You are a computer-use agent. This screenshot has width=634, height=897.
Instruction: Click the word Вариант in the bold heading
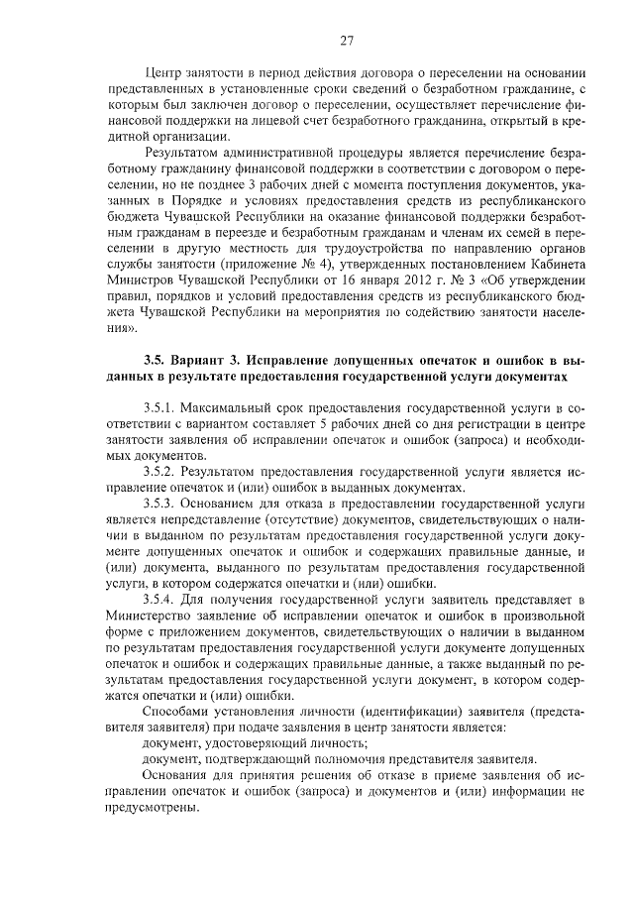[208, 361]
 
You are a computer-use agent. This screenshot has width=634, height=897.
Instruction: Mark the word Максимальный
[241, 408]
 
